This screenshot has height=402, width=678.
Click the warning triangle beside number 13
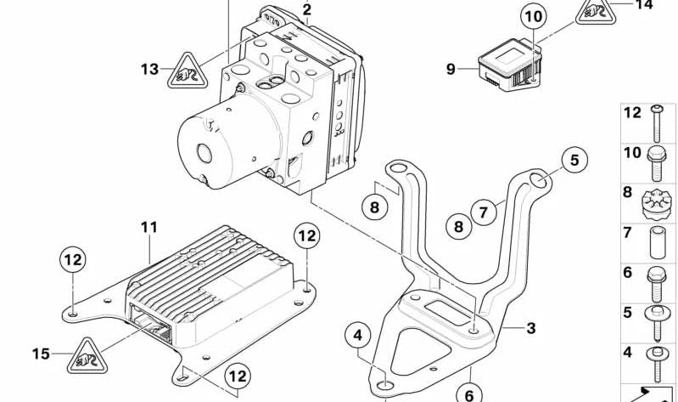click(183, 71)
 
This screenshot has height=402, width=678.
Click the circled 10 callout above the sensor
click(533, 17)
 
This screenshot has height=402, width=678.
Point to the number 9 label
click(451, 69)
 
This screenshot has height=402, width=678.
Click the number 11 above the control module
click(149, 228)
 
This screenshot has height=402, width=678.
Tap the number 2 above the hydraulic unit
click(306, 10)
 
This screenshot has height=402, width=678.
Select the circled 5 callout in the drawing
click(574, 160)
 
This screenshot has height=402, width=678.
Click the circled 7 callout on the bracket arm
click(483, 212)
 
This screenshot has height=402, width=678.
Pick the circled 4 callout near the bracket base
click(359, 337)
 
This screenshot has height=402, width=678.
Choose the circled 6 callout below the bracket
click(468, 393)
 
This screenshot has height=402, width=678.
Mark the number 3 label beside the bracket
click(530, 328)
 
